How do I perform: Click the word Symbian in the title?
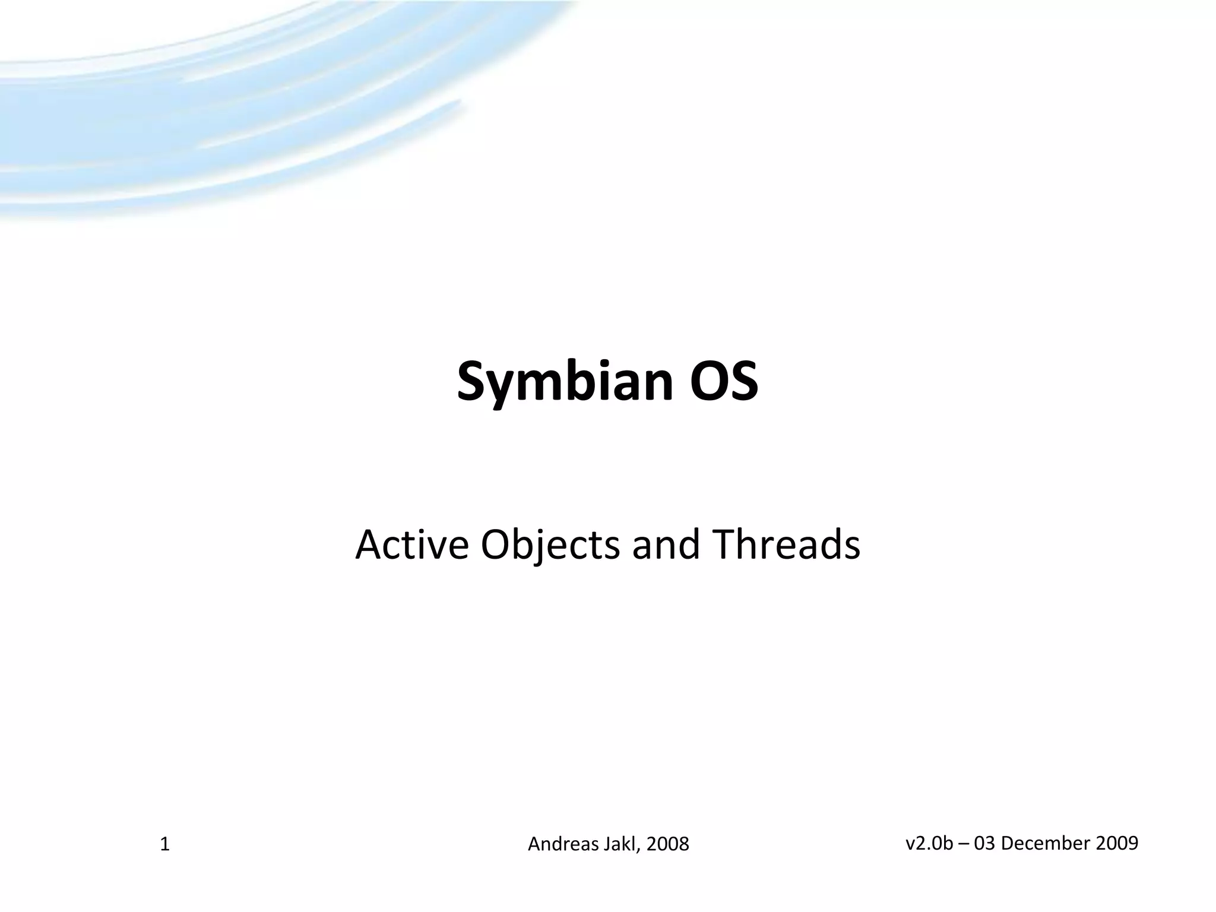click(564, 381)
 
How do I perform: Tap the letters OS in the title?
click(724, 381)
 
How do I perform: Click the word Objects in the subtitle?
click(550, 544)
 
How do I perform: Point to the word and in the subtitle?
click(665, 544)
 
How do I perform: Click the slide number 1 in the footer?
click(165, 844)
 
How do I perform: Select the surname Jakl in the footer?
click(620, 844)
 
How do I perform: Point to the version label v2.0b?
click(929, 843)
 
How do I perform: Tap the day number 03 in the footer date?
click(984, 843)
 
